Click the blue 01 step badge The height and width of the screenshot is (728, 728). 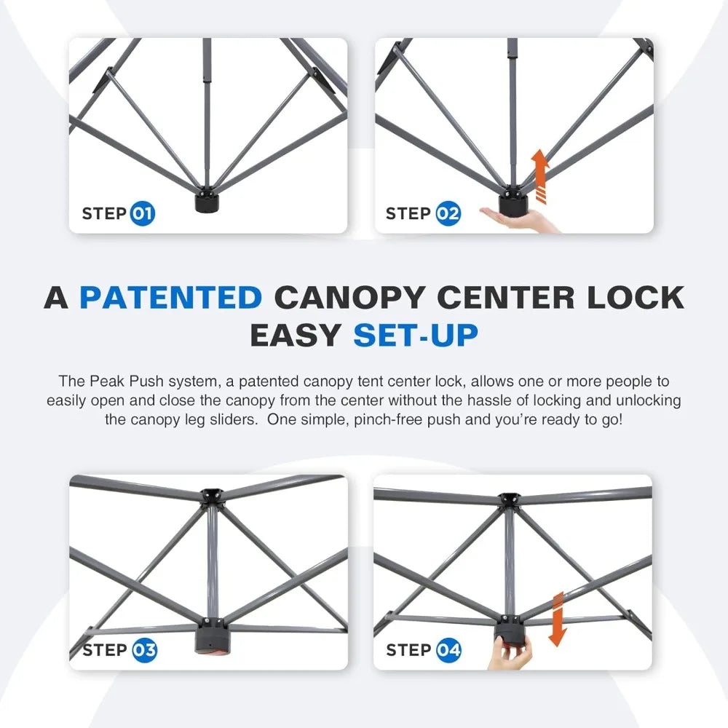coord(143,214)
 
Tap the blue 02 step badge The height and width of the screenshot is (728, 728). coord(448,214)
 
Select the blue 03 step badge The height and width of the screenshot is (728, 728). coord(144,650)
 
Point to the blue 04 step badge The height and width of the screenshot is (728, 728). coord(448,650)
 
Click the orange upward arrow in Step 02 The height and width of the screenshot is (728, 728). coord(539,174)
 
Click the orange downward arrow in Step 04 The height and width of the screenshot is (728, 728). coord(558,618)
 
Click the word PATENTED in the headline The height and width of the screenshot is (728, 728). coord(170,298)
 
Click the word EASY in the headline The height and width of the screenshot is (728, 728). coord(296,335)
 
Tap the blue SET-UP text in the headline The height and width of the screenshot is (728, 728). coord(416,335)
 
